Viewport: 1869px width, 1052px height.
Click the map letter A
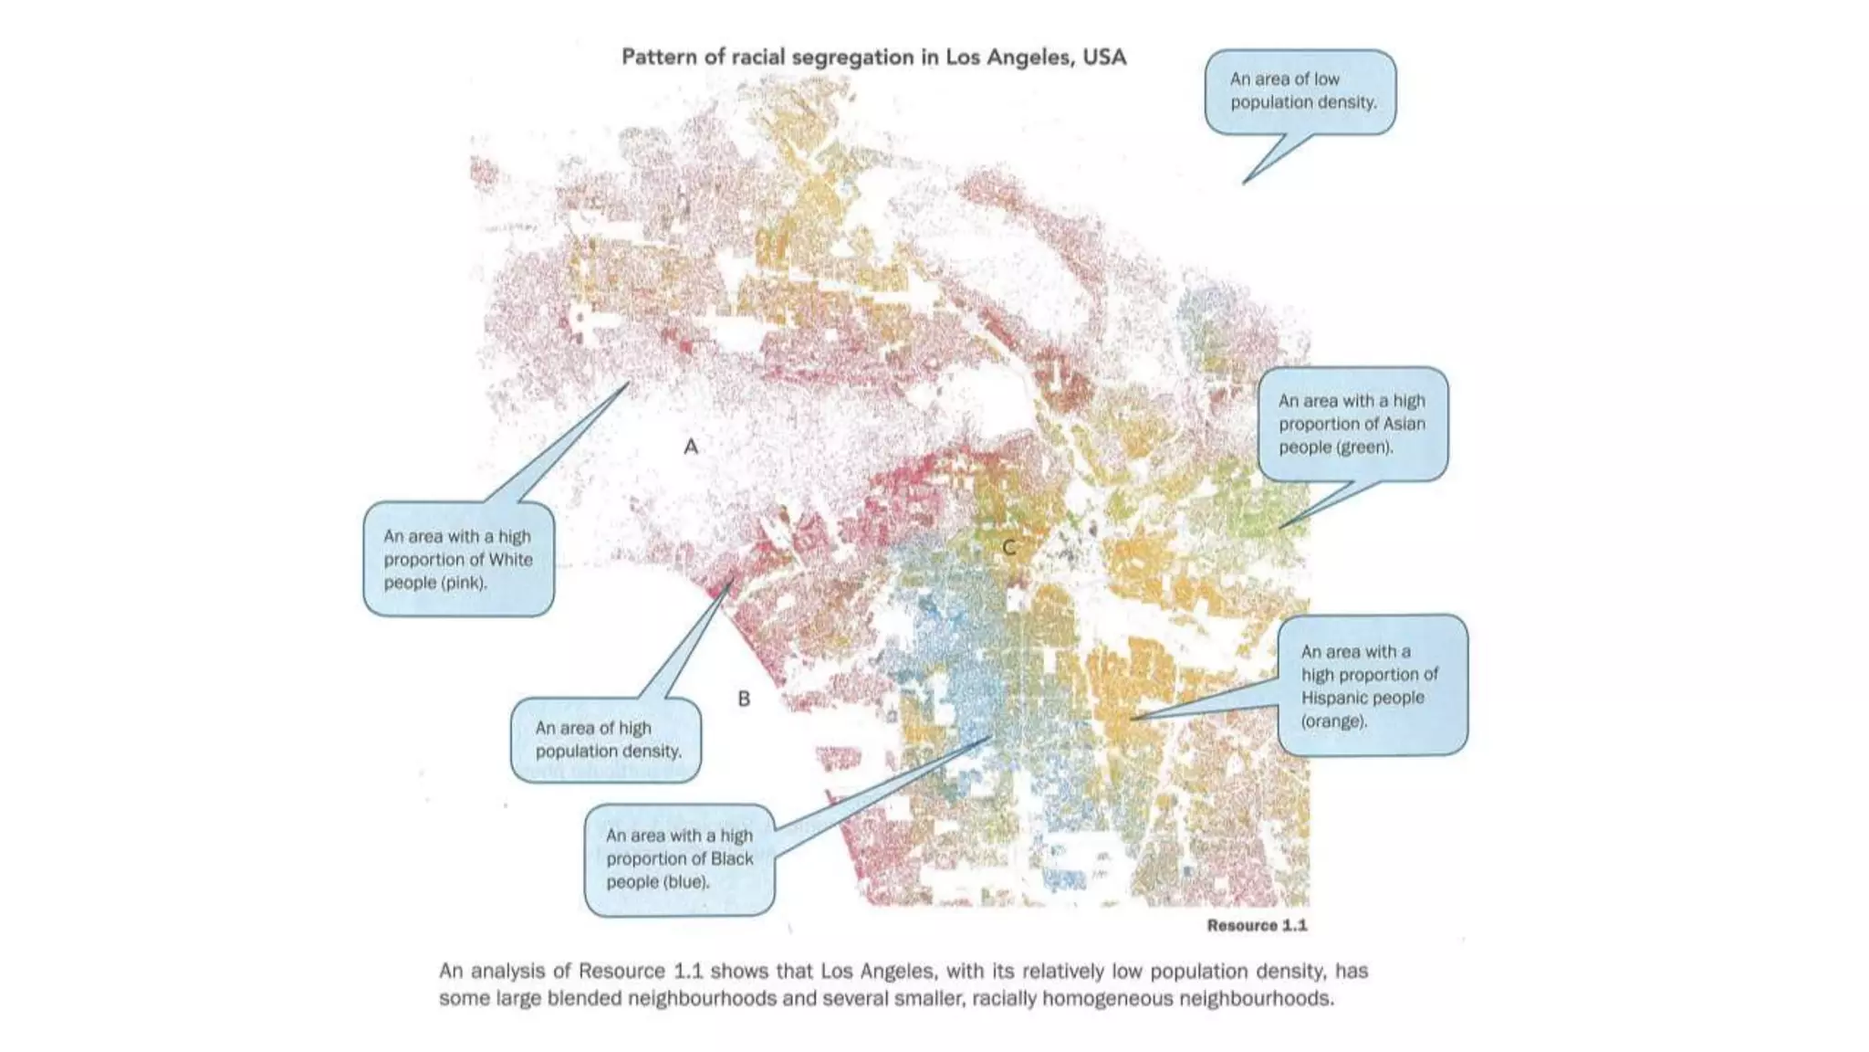pos(691,447)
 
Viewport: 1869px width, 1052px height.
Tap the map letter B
pos(744,699)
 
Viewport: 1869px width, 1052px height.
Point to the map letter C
pos(1008,547)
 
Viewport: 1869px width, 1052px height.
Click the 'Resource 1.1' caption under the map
pos(1256,925)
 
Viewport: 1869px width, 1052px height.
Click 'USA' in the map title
pos(1104,57)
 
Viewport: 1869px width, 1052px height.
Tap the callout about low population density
pos(1301,91)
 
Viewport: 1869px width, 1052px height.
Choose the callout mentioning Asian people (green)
pos(1352,424)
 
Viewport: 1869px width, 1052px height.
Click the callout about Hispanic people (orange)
pos(1371,685)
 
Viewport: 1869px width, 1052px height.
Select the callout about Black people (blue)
pos(680,858)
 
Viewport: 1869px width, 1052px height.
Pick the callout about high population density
pos(607,740)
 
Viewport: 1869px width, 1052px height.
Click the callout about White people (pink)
pos(458,559)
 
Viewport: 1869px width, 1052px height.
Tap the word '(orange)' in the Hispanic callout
pos(1334,721)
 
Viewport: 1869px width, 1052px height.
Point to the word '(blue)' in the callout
pos(685,881)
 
